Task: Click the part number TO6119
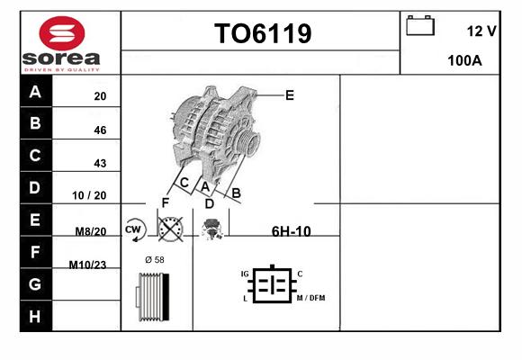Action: point(263,33)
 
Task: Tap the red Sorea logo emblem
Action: point(62,33)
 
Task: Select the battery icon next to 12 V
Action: point(420,25)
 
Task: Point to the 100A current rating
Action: point(464,60)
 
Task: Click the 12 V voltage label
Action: point(481,31)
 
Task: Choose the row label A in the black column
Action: point(35,91)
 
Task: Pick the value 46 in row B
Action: point(100,130)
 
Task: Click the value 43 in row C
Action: point(100,163)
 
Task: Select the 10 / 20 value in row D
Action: point(89,195)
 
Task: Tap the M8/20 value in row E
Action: point(91,231)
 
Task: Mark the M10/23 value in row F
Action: point(87,265)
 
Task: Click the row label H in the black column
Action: point(35,317)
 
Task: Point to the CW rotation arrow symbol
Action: point(134,229)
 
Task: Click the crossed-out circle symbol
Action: point(170,229)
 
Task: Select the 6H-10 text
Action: point(292,231)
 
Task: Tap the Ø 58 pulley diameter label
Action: point(155,260)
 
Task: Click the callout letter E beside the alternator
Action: point(290,95)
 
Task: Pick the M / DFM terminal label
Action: point(310,298)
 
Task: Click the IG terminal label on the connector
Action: point(245,274)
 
